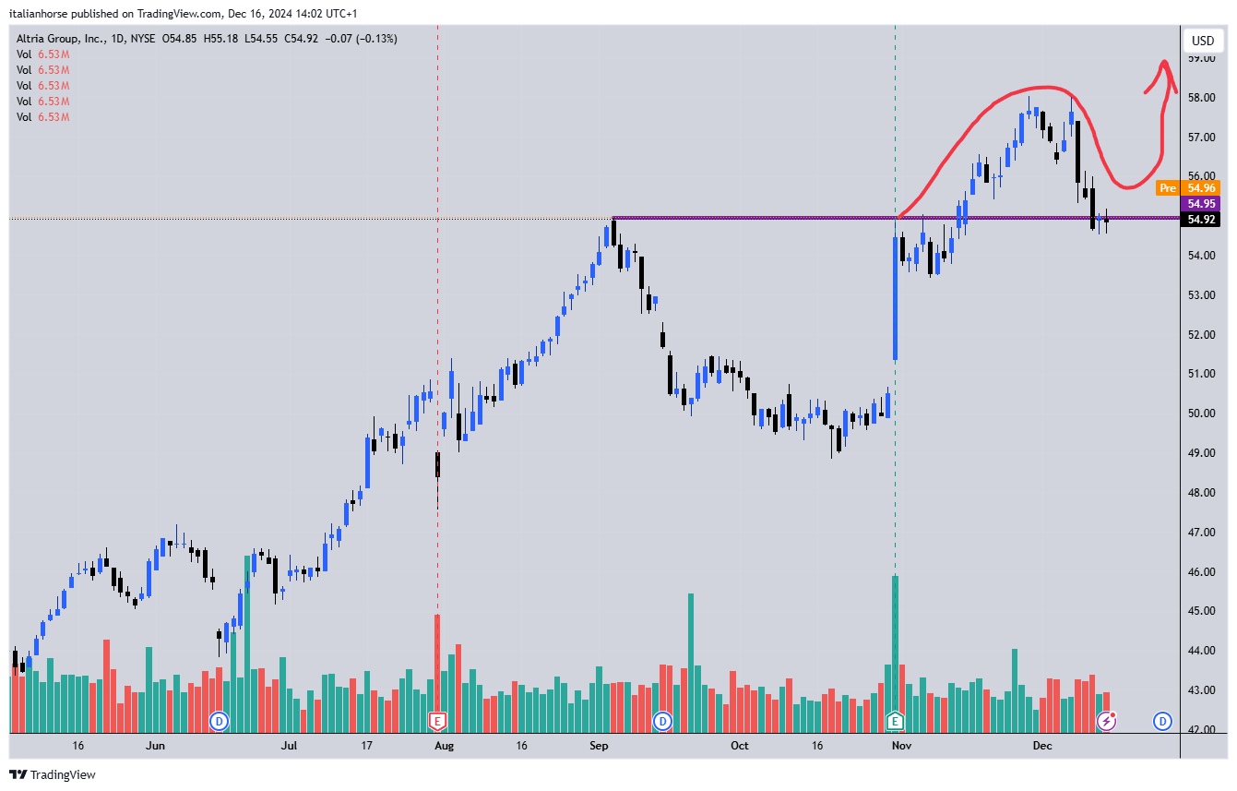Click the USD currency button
1202,41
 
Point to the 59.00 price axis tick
1201,58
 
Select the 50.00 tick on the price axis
1201,413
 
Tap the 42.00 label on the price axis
1201,729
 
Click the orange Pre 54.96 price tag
1188,188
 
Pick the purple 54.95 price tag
1201,203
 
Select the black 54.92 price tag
1201,220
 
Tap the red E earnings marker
437,721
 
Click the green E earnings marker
895,721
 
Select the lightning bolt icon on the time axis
1106,721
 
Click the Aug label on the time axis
444,745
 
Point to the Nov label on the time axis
902,745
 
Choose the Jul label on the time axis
289,745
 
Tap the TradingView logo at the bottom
53,774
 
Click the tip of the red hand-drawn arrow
1164,62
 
